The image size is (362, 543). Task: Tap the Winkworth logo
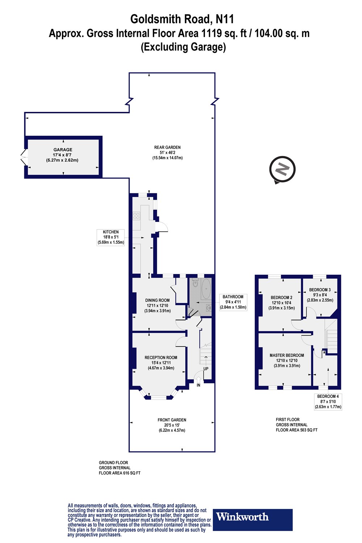click(x=252, y=520)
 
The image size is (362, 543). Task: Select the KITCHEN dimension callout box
click(x=111, y=237)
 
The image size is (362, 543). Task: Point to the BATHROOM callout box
click(x=233, y=302)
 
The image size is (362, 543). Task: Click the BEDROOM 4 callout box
click(x=328, y=401)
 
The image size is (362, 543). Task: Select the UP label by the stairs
click(x=206, y=369)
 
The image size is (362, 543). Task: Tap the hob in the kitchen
click(x=136, y=216)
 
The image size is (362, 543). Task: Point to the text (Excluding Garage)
click(x=183, y=47)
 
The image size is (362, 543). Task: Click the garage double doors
click(x=23, y=157)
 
